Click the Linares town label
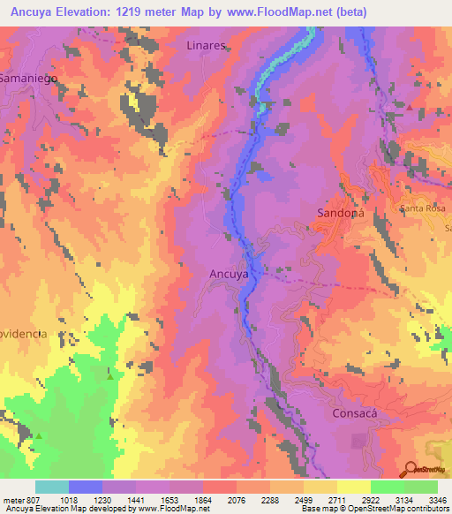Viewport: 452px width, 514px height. [207, 45]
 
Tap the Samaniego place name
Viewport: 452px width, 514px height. [28, 78]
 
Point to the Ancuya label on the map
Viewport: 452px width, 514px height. [228, 274]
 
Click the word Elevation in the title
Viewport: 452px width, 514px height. [94, 12]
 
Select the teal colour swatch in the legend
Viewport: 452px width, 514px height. [52, 487]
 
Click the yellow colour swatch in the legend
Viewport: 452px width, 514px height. [353, 487]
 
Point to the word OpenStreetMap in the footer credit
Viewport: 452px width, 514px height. [386, 510]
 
